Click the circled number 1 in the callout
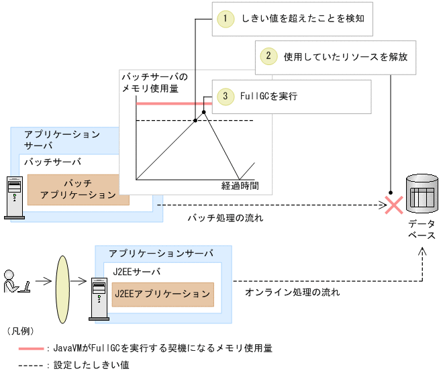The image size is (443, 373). coord(228,19)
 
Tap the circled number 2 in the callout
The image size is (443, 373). coord(268,56)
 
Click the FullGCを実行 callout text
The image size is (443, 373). coord(268,97)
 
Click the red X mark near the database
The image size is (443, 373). coord(393,205)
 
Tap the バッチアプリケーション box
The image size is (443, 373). coord(78,189)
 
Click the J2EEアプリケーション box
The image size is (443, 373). coord(162,295)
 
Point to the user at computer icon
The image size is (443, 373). coord(15,282)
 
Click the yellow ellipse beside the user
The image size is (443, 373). coord(62,282)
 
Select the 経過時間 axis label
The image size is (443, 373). coord(240,184)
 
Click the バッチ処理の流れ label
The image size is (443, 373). coord(225,218)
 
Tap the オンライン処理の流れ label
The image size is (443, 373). coord(292,292)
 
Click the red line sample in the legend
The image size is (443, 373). coord(31,349)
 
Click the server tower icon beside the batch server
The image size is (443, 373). coord(13,198)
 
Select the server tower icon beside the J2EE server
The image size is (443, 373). coord(99,296)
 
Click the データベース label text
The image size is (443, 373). coord(422,229)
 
